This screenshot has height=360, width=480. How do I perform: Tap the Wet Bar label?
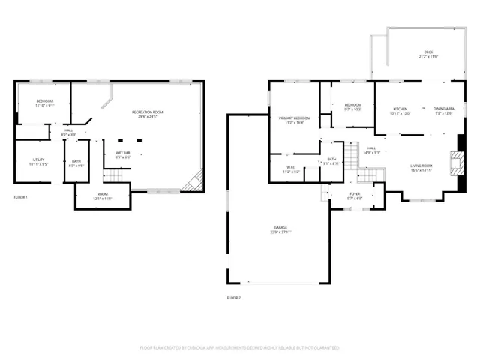click(123, 154)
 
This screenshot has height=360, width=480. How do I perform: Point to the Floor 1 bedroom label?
click(45, 102)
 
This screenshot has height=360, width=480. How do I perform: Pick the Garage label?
click(280, 228)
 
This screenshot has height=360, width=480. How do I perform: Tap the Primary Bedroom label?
click(295, 119)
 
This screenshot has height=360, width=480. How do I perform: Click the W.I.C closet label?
click(291, 169)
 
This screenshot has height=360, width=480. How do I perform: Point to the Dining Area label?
click(444, 110)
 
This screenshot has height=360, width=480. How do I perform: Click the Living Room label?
click(421, 167)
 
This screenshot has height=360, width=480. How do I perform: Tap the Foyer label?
click(355, 195)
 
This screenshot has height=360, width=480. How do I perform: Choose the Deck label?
click(427, 53)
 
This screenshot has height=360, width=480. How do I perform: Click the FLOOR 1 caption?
click(21, 197)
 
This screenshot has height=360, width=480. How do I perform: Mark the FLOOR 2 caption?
click(233, 298)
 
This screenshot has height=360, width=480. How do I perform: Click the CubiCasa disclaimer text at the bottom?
click(240, 347)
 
